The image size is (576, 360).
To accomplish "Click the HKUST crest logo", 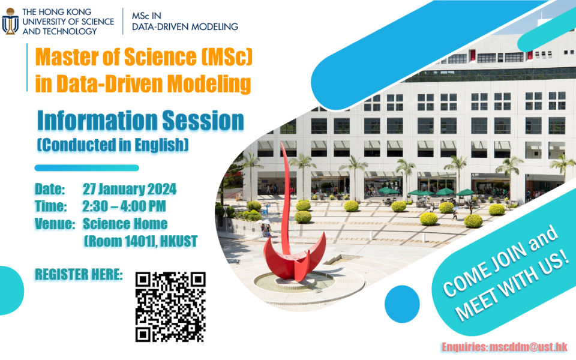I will pyautogui.click(x=10, y=22).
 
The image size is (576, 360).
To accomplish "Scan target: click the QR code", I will pyautogui.click(x=170, y=307).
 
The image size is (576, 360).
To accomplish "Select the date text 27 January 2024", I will pyautogui.click(x=129, y=190).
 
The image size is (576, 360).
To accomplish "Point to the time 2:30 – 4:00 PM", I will pyautogui.click(x=124, y=207).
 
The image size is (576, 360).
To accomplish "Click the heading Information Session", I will pyautogui.click(x=140, y=121).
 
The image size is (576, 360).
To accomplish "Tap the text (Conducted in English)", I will pyautogui.click(x=113, y=145).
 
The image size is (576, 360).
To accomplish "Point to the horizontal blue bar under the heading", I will pyautogui.click(x=86, y=168).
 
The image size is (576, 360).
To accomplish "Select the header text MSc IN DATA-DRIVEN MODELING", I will pyautogui.click(x=185, y=22).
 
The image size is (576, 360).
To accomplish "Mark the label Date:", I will pyautogui.click(x=50, y=190).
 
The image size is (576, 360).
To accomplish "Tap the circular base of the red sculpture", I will pyautogui.click(x=300, y=282).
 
